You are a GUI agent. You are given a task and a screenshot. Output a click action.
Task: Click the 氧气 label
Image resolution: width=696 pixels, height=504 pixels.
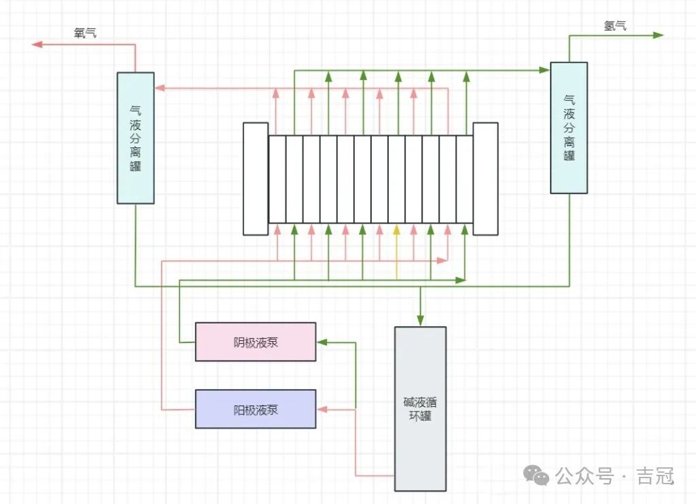coord(85,33)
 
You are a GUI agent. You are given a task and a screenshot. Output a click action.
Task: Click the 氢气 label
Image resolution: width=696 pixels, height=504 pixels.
coord(615,26)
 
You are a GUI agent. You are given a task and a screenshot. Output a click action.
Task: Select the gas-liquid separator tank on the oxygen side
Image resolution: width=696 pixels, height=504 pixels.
coord(135,138)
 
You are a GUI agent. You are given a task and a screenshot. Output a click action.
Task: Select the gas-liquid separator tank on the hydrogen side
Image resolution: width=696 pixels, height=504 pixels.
coord(569,128)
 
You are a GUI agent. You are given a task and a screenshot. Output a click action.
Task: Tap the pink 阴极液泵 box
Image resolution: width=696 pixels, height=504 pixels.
coord(256,342)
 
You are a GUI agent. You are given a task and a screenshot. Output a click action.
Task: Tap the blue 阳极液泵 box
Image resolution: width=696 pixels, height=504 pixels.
coord(256,409)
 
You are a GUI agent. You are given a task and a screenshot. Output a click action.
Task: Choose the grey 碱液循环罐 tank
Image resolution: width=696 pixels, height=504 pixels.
coord(421,409)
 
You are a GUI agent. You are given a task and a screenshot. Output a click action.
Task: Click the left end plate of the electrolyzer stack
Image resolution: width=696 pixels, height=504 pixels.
coord(256,179)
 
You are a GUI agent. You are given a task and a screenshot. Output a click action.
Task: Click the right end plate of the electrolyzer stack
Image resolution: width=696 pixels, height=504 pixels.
coord(485,179)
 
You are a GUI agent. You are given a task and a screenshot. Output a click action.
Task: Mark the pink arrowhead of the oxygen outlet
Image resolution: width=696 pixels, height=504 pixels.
coord(38,44)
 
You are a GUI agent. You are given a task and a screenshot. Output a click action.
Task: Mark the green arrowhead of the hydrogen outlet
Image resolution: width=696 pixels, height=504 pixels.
coord(657,35)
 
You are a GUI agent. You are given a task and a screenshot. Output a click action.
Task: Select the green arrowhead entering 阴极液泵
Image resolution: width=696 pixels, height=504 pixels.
coord(321,342)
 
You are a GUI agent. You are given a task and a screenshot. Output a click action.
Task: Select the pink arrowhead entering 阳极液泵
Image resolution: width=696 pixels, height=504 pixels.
coord(321,409)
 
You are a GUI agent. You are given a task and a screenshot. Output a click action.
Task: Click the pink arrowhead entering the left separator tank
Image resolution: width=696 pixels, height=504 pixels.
coord(160,88)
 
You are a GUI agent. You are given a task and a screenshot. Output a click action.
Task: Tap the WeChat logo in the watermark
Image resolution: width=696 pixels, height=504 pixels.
coord(540,476)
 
